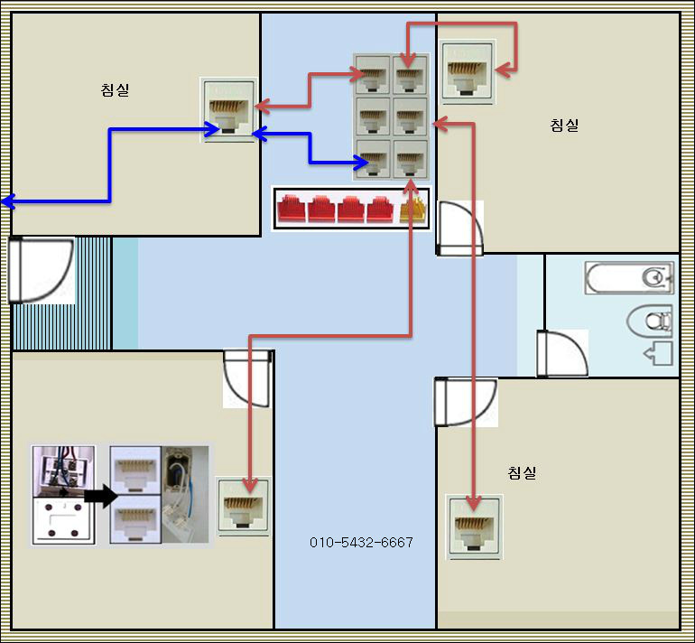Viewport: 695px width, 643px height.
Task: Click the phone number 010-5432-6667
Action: tap(361, 542)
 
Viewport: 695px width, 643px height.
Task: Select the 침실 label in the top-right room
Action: tap(564, 125)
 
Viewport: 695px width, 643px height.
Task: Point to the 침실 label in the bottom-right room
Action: tap(522, 472)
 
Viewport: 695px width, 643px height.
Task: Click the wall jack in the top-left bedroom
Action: tap(228, 109)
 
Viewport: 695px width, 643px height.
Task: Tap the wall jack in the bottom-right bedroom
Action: tap(475, 527)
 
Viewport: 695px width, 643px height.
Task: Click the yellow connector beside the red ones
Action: tap(412, 208)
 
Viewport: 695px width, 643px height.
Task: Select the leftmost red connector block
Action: tap(292, 208)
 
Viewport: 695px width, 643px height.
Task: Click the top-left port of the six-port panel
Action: tap(373, 75)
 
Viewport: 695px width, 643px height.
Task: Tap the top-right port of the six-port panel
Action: tap(411, 75)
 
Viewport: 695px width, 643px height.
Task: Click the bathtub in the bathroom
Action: tap(629, 278)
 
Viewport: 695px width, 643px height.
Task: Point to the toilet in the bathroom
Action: tap(650, 319)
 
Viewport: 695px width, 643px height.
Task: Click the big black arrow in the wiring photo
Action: tap(100, 494)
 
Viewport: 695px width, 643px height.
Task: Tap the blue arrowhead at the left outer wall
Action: tap(7, 202)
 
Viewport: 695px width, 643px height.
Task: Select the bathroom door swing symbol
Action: tap(559, 352)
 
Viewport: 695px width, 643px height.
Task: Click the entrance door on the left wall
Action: tap(41, 269)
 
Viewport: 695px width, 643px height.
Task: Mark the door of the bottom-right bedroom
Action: tap(465, 401)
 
